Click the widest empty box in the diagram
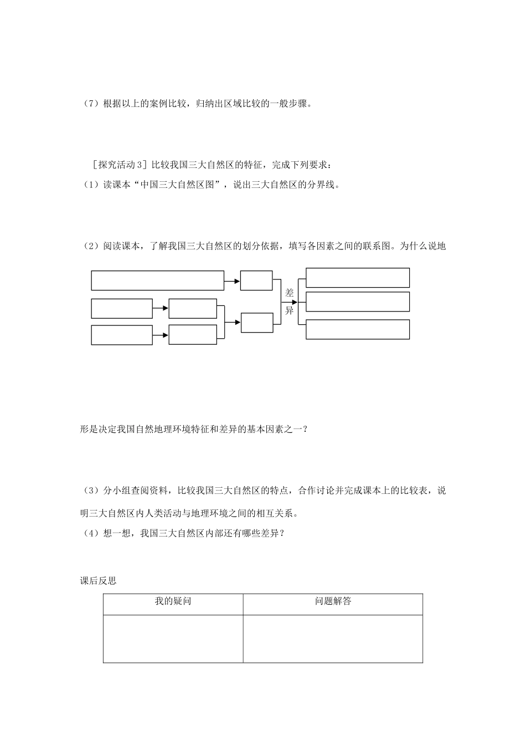157,280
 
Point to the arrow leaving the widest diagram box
232,281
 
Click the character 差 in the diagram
289,293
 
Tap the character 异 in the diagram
289,310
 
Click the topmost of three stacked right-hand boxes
357,278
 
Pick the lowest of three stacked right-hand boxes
357,329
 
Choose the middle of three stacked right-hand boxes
357,302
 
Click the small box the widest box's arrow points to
256,280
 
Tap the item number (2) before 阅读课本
89,246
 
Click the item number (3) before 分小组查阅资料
89,491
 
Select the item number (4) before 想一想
89,533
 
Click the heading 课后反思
98,581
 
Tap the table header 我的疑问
173,601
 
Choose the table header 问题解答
333,601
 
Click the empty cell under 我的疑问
173,638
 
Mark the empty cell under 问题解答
333,638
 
